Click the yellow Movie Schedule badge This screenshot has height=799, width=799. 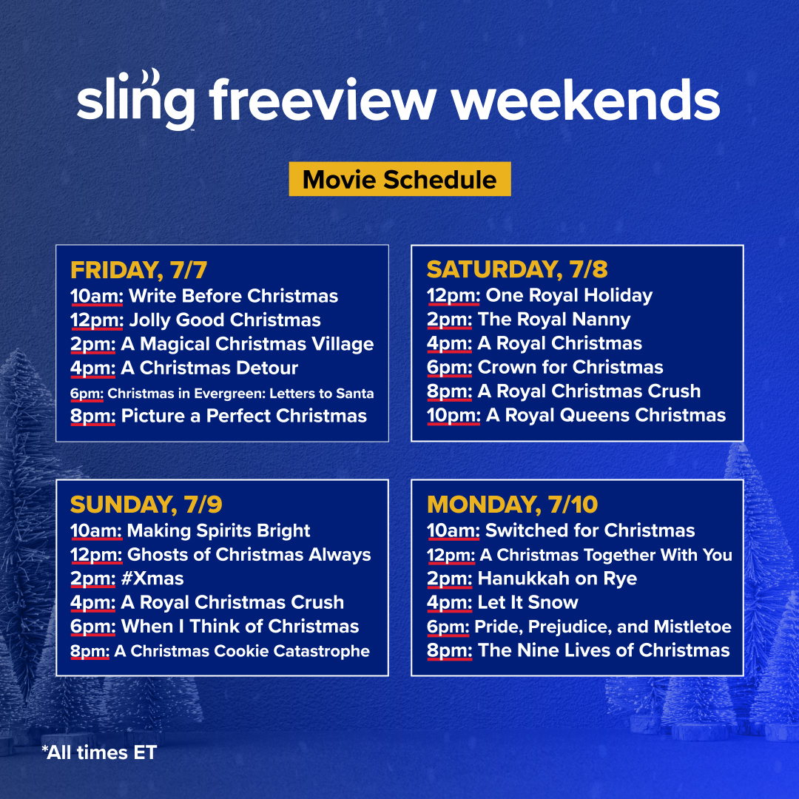(399, 179)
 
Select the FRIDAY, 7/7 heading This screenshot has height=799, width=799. (138, 270)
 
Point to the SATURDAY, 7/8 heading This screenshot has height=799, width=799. (517, 269)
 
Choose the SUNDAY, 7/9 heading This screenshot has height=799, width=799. (146, 505)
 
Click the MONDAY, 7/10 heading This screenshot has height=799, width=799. (512, 505)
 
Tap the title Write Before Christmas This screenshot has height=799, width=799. (233, 297)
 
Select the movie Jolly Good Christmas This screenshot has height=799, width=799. (224, 320)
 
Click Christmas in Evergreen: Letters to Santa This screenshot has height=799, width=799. (240, 394)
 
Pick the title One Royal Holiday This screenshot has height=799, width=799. (569, 296)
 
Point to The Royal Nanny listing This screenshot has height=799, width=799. (554, 320)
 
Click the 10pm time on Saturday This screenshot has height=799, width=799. (453, 415)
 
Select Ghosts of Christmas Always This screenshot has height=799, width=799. (249, 555)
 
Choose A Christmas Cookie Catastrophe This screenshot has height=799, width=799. (241, 651)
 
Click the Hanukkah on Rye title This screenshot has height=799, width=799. (557, 579)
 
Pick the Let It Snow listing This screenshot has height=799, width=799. (527, 602)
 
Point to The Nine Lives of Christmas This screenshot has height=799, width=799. (604, 650)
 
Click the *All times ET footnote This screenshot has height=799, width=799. (99, 753)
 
